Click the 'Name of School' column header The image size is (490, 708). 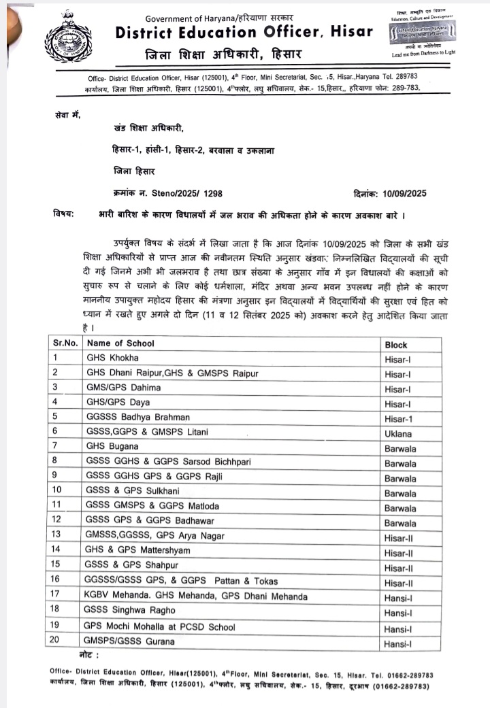coord(120,343)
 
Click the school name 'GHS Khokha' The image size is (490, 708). coord(112,358)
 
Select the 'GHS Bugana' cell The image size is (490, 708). coord(112,447)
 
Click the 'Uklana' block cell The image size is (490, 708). coord(399,433)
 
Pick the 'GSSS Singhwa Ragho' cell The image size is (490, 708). coord(129,611)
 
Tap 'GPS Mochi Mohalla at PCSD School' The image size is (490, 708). coord(159,626)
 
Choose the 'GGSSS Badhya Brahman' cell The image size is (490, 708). coord(137,417)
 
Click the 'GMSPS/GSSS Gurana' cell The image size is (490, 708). coord(129,641)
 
